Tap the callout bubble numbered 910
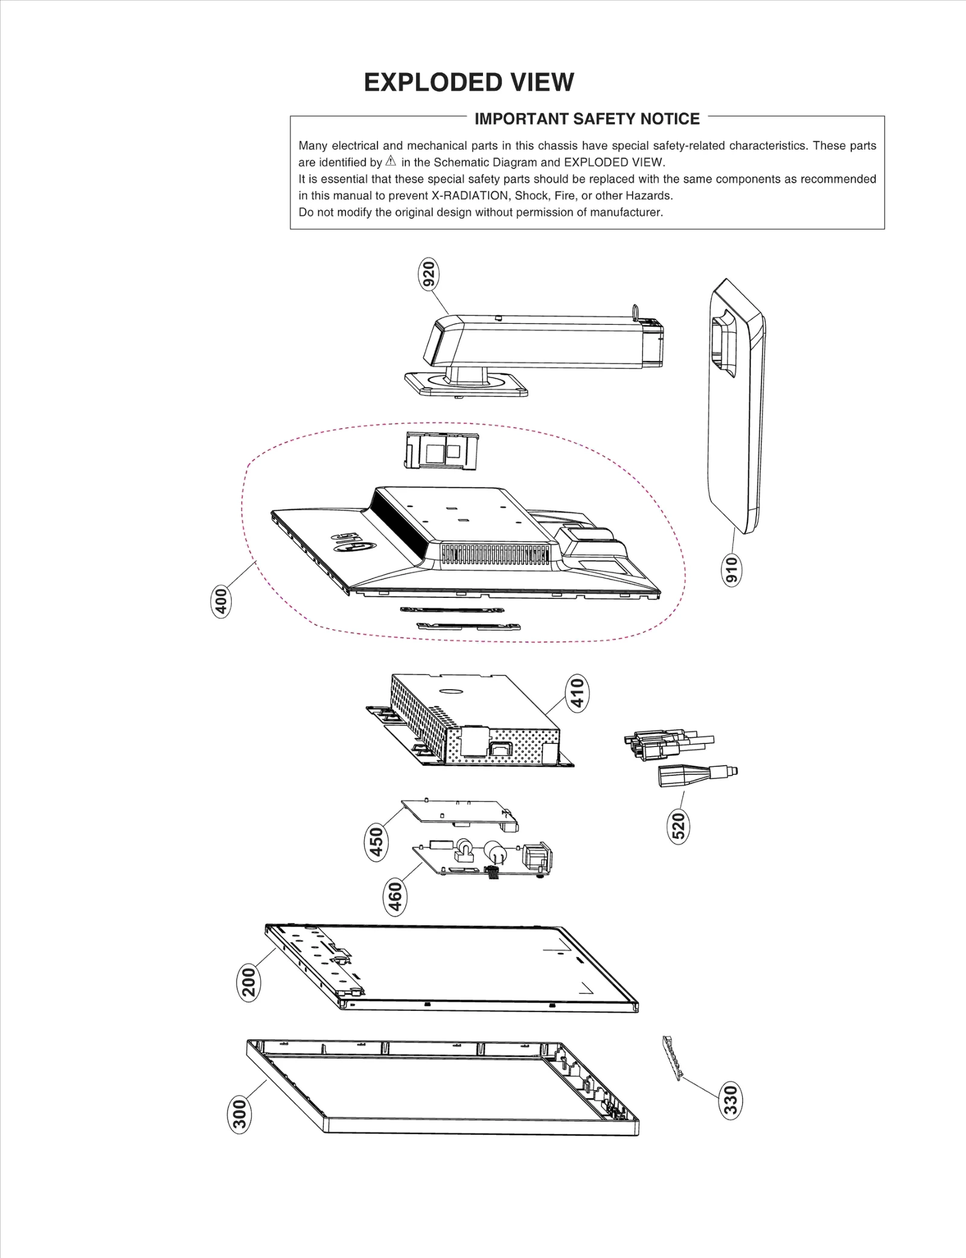(x=732, y=570)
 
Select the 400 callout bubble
(x=222, y=601)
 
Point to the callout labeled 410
(x=577, y=693)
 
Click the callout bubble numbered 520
(x=679, y=826)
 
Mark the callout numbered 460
(x=394, y=897)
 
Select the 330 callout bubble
(x=731, y=1100)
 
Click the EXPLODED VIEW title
(x=469, y=82)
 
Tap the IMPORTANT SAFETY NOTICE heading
(x=587, y=118)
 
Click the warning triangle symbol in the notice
(x=391, y=161)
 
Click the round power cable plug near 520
(x=694, y=775)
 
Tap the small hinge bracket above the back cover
(x=441, y=451)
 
